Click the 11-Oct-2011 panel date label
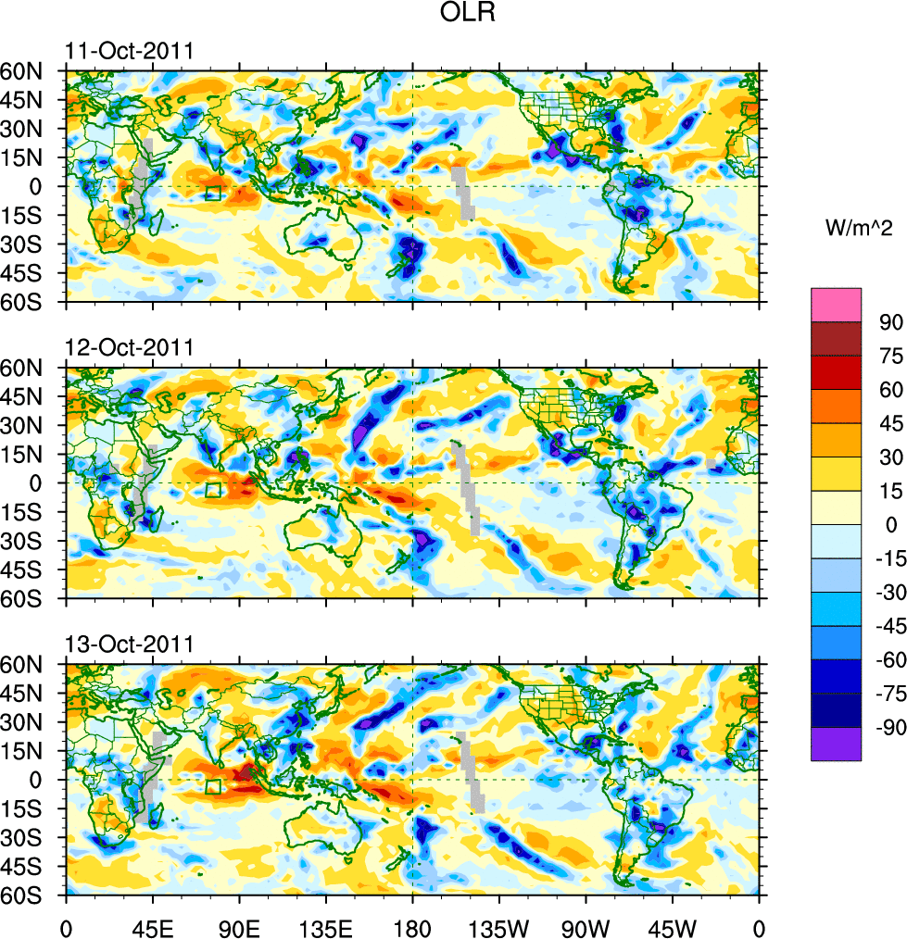tap(129, 51)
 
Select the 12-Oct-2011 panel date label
tap(129, 348)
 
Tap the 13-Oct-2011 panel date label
tap(129, 645)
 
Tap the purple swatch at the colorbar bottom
tap(837, 744)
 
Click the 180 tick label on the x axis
tap(412, 926)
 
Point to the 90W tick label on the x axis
tap(586, 926)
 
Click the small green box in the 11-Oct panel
tap(213, 193)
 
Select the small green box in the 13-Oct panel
tap(213, 786)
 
